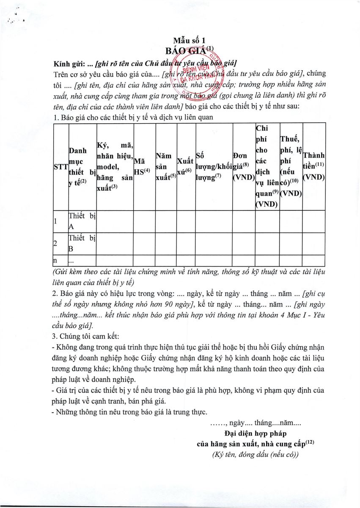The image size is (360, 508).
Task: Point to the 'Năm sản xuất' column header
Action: click(x=165, y=166)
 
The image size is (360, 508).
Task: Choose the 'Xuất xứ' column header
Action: click(x=184, y=166)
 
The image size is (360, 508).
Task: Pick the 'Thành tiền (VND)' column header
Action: click(x=314, y=166)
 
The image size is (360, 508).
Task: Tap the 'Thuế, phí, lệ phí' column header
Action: click(x=291, y=166)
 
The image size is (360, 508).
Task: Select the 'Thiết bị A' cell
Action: click(x=82, y=221)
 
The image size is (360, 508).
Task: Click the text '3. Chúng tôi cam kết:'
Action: click(x=85, y=337)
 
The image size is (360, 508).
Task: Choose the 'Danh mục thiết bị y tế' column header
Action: click(x=82, y=167)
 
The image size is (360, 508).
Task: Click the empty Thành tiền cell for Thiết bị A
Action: click(x=314, y=221)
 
